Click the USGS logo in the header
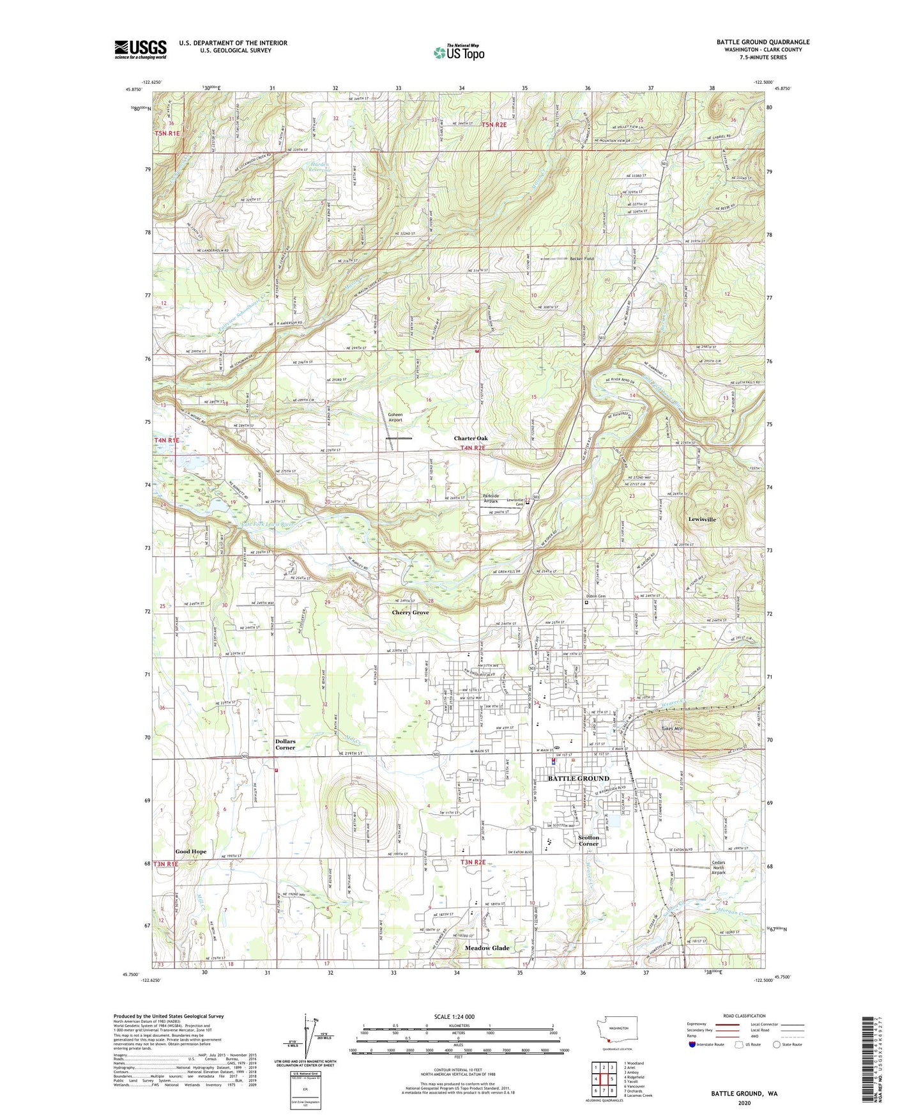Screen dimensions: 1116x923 [x=141, y=49]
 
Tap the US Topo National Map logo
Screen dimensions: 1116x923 [x=458, y=52]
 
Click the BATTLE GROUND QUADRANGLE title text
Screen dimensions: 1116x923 [x=763, y=42]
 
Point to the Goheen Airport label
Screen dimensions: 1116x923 [x=395, y=417]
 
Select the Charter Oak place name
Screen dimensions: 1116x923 [x=471, y=438]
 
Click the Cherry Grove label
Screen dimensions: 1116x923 [x=410, y=612]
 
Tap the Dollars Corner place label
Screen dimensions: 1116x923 [x=285, y=745]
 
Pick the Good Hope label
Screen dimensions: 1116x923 [x=191, y=852]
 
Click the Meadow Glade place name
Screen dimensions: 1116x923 [x=487, y=948]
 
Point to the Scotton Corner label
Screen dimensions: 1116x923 [x=588, y=841]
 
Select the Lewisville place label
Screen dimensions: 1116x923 [x=702, y=520]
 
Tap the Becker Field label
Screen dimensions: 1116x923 [x=582, y=259]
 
